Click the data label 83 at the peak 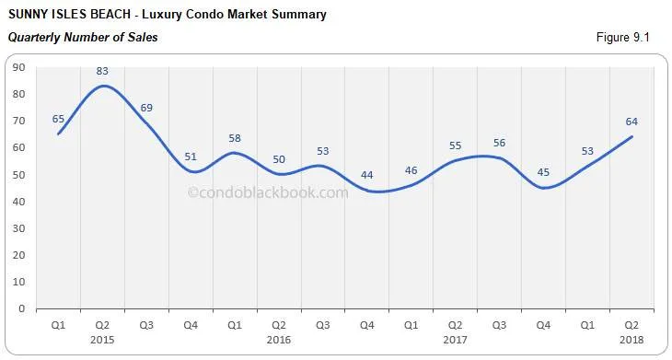[102, 71]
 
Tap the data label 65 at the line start [58, 119]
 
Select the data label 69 [146, 109]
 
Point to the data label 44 [366, 176]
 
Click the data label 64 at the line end [631, 122]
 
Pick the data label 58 [235, 138]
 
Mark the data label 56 [499, 143]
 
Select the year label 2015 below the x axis [102, 339]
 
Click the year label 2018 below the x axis [631, 339]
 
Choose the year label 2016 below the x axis [278, 339]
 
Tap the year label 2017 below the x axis [455, 339]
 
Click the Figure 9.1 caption [623, 38]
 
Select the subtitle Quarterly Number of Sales [83, 38]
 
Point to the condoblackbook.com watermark [268, 192]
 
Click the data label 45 [543, 172]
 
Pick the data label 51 [191, 157]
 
